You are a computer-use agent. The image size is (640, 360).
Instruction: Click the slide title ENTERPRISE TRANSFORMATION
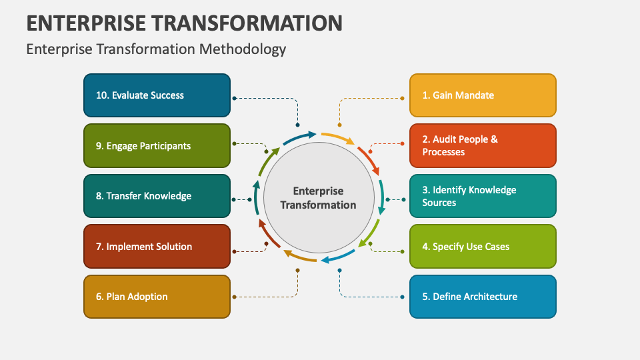pyautogui.click(x=185, y=23)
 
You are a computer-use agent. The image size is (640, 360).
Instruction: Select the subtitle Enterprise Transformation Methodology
pyautogui.click(x=156, y=49)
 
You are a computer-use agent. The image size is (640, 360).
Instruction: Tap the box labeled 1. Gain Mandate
pyautogui.click(x=483, y=95)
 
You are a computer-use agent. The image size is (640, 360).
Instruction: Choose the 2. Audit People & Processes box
pyautogui.click(x=483, y=145)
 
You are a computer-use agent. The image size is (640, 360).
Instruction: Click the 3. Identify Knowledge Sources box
pyautogui.click(x=483, y=196)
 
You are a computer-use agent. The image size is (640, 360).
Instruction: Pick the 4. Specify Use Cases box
pyautogui.click(x=483, y=247)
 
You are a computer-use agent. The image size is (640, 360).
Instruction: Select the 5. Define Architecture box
pyautogui.click(x=483, y=297)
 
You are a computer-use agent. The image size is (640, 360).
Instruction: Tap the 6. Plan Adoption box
pyautogui.click(x=157, y=297)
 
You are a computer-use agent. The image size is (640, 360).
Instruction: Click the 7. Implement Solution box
pyautogui.click(x=157, y=247)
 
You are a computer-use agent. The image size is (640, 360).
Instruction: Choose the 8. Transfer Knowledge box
pyautogui.click(x=157, y=196)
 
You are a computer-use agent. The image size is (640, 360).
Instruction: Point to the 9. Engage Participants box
pyautogui.click(x=157, y=145)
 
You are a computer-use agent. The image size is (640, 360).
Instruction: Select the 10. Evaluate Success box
pyautogui.click(x=157, y=95)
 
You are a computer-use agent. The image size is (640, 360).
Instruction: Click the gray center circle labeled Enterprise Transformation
pyautogui.click(x=319, y=198)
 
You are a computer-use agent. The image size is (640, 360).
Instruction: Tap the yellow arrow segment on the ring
pyautogui.click(x=337, y=137)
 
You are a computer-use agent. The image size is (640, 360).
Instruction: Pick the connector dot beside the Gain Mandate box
pyautogui.click(x=402, y=98)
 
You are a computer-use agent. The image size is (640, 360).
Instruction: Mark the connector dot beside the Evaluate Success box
pyautogui.click(x=234, y=98)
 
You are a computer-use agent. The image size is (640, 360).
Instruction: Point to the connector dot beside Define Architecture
pyautogui.click(x=402, y=297)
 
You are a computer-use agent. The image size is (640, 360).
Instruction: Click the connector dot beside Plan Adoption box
pyautogui.click(x=234, y=297)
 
